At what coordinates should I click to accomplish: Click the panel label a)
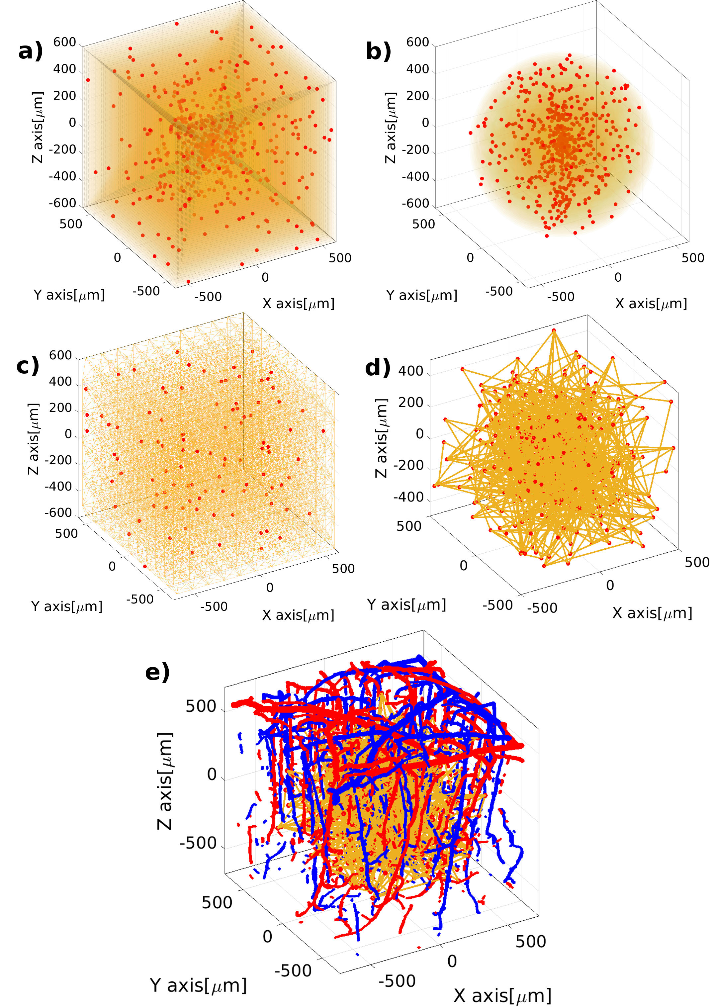[30, 51]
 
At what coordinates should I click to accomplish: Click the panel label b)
[378, 51]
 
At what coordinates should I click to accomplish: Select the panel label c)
[28, 365]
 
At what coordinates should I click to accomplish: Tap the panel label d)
[377, 368]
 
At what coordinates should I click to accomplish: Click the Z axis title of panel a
[38, 128]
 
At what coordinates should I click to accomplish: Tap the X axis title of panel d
[652, 612]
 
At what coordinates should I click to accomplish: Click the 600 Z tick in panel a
[65, 42]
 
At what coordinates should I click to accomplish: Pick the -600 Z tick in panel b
[415, 203]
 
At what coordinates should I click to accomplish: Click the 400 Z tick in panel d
[411, 371]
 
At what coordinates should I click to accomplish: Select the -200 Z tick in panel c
[58, 460]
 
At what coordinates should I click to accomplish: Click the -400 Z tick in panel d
[408, 497]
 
